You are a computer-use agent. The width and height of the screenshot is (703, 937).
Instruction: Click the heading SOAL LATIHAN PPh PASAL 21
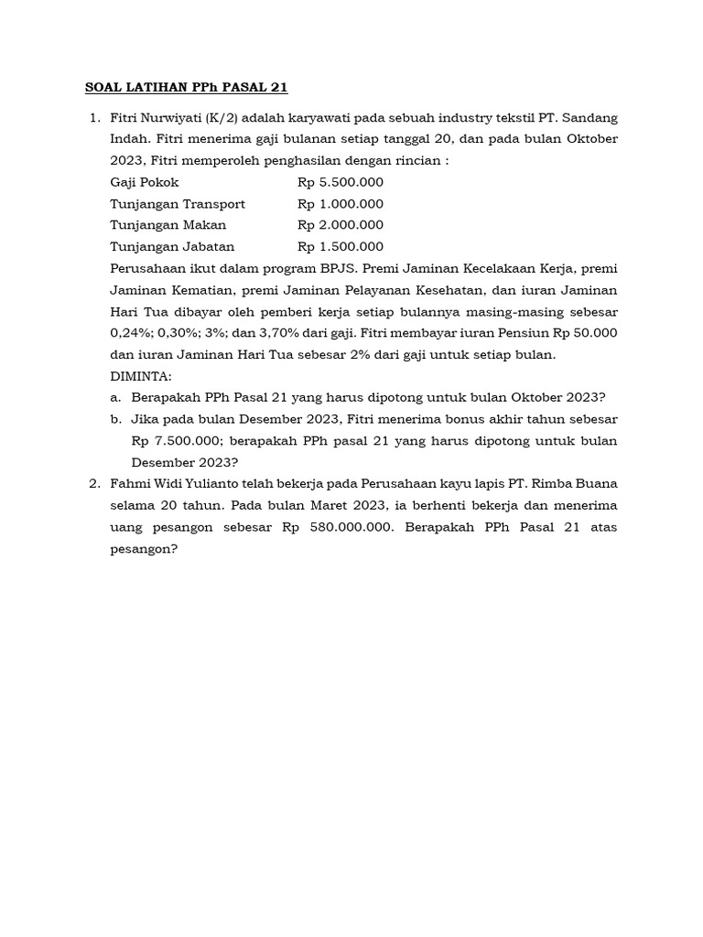pyautogui.click(x=186, y=88)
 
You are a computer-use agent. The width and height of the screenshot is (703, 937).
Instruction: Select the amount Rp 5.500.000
pyautogui.click(x=341, y=182)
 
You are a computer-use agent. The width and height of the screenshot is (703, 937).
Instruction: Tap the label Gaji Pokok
pyautogui.click(x=145, y=182)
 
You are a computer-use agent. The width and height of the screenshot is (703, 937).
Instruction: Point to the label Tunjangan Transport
pyautogui.click(x=178, y=203)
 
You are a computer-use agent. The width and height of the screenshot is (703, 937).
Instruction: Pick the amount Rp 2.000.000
pyautogui.click(x=341, y=225)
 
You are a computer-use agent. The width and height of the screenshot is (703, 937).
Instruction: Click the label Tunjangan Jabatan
pyautogui.click(x=172, y=246)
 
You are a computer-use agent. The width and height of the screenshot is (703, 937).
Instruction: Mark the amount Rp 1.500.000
pyautogui.click(x=341, y=246)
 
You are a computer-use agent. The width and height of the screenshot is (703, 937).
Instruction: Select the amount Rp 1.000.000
pyautogui.click(x=341, y=203)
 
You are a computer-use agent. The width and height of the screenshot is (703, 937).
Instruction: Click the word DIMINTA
pyautogui.click(x=140, y=375)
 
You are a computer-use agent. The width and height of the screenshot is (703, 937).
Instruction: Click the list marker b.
pyautogui.click(x=115, y=418)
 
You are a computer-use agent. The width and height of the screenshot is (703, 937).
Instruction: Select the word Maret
pyautogui.click(x=329, y=505)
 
